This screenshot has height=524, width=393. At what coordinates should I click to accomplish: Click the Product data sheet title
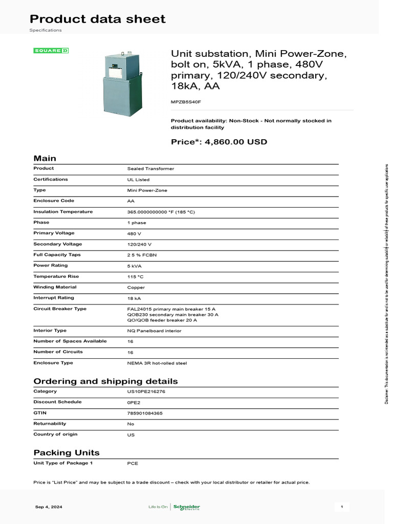pos(97,19)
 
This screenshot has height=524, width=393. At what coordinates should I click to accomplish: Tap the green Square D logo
pos(51,51)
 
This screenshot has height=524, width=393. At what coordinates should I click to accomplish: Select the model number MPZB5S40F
pos(186,102)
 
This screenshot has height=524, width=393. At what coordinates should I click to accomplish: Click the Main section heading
pos(45,159)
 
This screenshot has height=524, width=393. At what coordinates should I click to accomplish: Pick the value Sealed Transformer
pos(150,168)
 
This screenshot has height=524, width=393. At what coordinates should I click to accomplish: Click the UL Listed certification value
pos(138,180)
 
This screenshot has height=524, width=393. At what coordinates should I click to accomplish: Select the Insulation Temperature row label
pos(63,212)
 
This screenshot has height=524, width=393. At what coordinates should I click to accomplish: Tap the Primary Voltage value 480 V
pos(134,233)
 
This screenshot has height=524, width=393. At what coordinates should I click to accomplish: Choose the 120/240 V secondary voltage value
pos(139,244)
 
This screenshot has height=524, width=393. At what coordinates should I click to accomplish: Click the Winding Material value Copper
pos(136,288)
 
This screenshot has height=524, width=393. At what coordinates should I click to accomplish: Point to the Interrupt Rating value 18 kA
pos(135,298)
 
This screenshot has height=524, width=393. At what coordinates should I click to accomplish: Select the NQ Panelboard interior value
pos(154,331)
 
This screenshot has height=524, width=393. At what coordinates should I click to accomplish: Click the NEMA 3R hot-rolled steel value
pos(157,363)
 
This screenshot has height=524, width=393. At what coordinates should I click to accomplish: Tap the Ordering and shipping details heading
pos(105,381)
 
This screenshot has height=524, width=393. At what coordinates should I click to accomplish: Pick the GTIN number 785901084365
pos(145,413)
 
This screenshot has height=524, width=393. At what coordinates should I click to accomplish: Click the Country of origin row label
pos(55,434)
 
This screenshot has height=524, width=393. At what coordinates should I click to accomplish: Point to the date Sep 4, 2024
pos(49,507)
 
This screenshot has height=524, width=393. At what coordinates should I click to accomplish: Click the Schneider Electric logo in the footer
pos(187,507)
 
